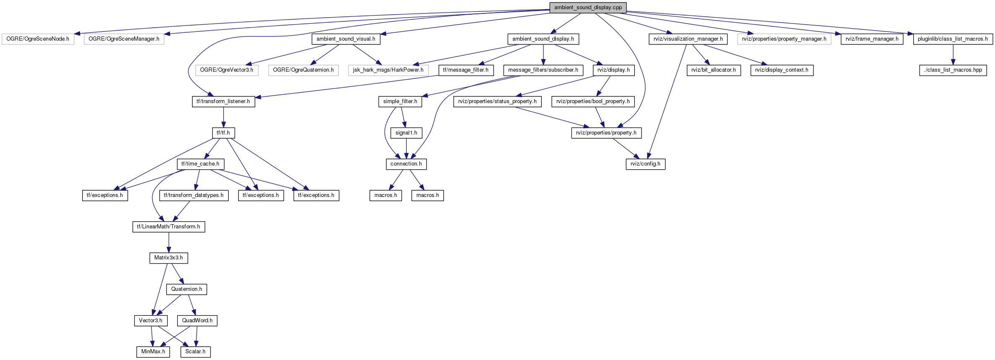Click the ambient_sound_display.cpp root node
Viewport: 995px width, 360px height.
pos(588,8)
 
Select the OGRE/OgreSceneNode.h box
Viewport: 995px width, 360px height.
pos(38,39)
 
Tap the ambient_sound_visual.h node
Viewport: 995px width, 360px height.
pos(346,39)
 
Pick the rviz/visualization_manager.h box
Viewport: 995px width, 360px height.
pos(688,39)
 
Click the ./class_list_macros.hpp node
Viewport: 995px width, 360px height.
pos(953,70)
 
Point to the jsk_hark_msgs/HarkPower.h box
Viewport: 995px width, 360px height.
pos(388,70)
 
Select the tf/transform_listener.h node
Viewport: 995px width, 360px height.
pos(223,101)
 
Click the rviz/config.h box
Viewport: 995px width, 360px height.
pos(645,164)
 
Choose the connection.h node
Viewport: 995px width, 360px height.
pos(406,164)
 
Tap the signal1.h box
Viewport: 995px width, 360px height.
pos(406,133)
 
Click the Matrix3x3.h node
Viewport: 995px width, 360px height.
pos(169,258)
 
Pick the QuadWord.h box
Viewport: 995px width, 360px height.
pos(197,321)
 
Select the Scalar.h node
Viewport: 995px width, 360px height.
pos(195,352)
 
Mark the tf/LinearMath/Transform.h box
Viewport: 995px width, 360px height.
pos(169,227)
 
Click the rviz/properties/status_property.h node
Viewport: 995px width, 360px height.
pos(497,101)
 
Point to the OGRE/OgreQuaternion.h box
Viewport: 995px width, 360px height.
pos(303,70)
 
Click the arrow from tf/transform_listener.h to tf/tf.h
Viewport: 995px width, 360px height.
pos(223,117)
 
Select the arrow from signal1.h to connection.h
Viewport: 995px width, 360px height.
pos(406,148)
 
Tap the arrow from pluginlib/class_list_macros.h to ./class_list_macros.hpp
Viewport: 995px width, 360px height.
pos(953,54)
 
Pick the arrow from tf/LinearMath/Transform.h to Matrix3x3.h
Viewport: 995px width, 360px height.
pos(169,242)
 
